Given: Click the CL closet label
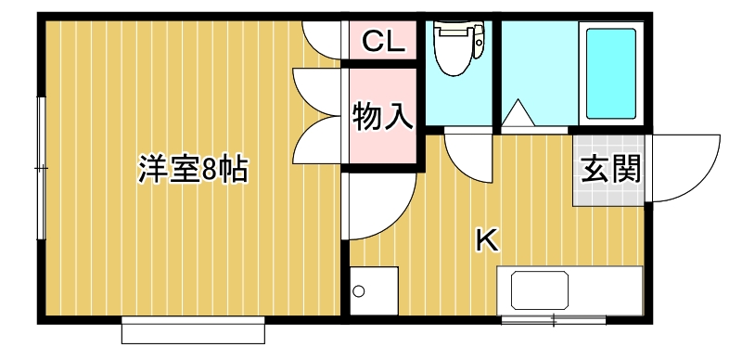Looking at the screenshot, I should [381, 41].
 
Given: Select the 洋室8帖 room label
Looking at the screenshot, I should [193, 169].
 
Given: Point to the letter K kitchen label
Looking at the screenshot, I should [486, 239].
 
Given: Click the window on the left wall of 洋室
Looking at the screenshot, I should [40, 167].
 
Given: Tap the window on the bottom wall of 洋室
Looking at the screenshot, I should [193, 328].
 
